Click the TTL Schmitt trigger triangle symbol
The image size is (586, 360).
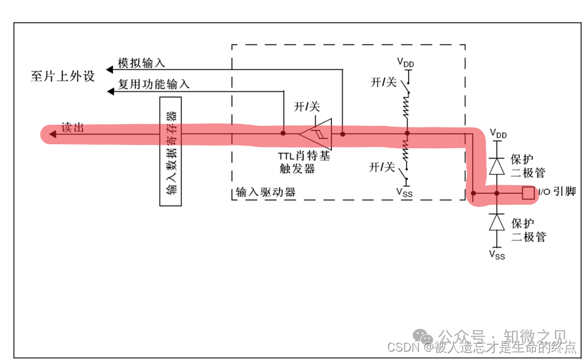316,134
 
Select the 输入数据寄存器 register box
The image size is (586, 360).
170,151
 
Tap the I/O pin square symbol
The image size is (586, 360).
528,193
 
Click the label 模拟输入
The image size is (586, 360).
141,64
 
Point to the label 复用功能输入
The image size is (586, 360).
153,84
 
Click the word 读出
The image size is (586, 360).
72,128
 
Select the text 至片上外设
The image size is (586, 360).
62,76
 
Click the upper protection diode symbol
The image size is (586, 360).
497,165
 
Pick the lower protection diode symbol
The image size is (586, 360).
497,222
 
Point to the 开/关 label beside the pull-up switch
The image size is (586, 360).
383,83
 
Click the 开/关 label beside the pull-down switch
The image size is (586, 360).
382,167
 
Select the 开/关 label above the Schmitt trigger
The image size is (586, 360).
307,107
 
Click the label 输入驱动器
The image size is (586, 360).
265,192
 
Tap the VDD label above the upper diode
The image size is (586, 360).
498,134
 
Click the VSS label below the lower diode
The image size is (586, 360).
498,255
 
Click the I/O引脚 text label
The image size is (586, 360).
557,193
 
